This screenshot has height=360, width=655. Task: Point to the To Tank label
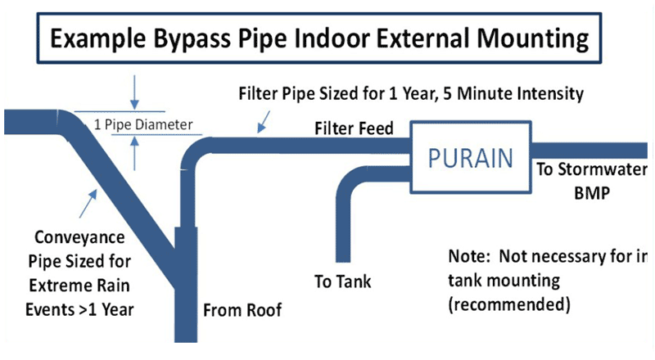pos(343,281)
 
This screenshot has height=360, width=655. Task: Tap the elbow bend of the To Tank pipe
pos(351,179)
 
